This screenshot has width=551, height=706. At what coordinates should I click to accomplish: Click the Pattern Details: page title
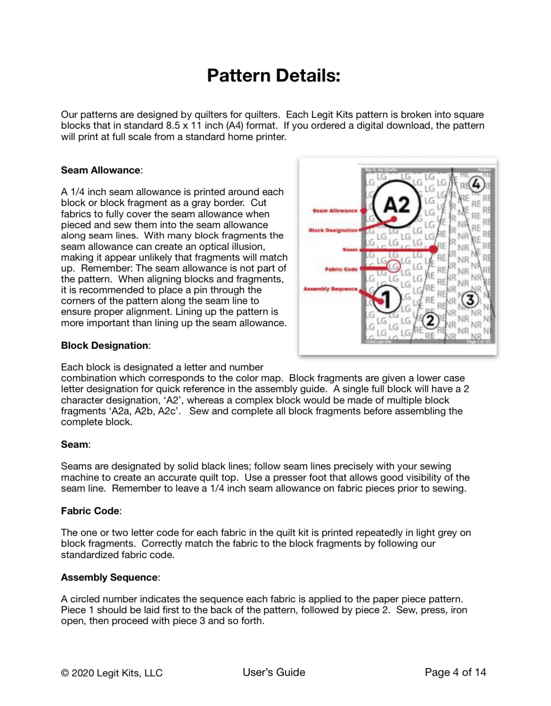click(273, 75)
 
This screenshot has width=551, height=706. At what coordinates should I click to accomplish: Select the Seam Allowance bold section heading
click(101, 170)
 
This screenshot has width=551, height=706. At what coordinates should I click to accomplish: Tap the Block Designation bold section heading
click(105, 345)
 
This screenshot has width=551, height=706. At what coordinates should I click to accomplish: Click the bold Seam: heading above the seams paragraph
click(75, 444)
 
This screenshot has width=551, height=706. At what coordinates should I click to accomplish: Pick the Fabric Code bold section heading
click(90, 511)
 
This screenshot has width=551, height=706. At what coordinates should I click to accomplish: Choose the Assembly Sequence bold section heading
click(109, 577)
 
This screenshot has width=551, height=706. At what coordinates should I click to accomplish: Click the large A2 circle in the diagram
click(396, 204)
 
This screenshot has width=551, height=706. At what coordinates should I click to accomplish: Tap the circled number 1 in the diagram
click(387, 299)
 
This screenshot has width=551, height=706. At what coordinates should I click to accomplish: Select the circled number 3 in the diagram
click(469, 299)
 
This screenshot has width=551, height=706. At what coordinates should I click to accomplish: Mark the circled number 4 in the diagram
click(477, 184)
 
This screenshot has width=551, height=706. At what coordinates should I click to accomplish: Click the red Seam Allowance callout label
click(335, 211)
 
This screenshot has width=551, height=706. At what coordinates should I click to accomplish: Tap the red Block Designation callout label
click(333, 230)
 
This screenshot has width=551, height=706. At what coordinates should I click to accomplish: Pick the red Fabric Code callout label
click(341, 269)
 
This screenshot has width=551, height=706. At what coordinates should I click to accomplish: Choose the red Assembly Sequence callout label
click(330, 288)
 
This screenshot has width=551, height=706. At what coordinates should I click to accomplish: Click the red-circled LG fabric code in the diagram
click(393, 266)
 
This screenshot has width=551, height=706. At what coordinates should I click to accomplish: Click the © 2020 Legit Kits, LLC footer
click(112, 673)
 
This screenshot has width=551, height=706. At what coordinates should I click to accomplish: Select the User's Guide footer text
click(274, 673)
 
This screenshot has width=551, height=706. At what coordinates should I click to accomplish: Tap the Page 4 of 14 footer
click(455, 673)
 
